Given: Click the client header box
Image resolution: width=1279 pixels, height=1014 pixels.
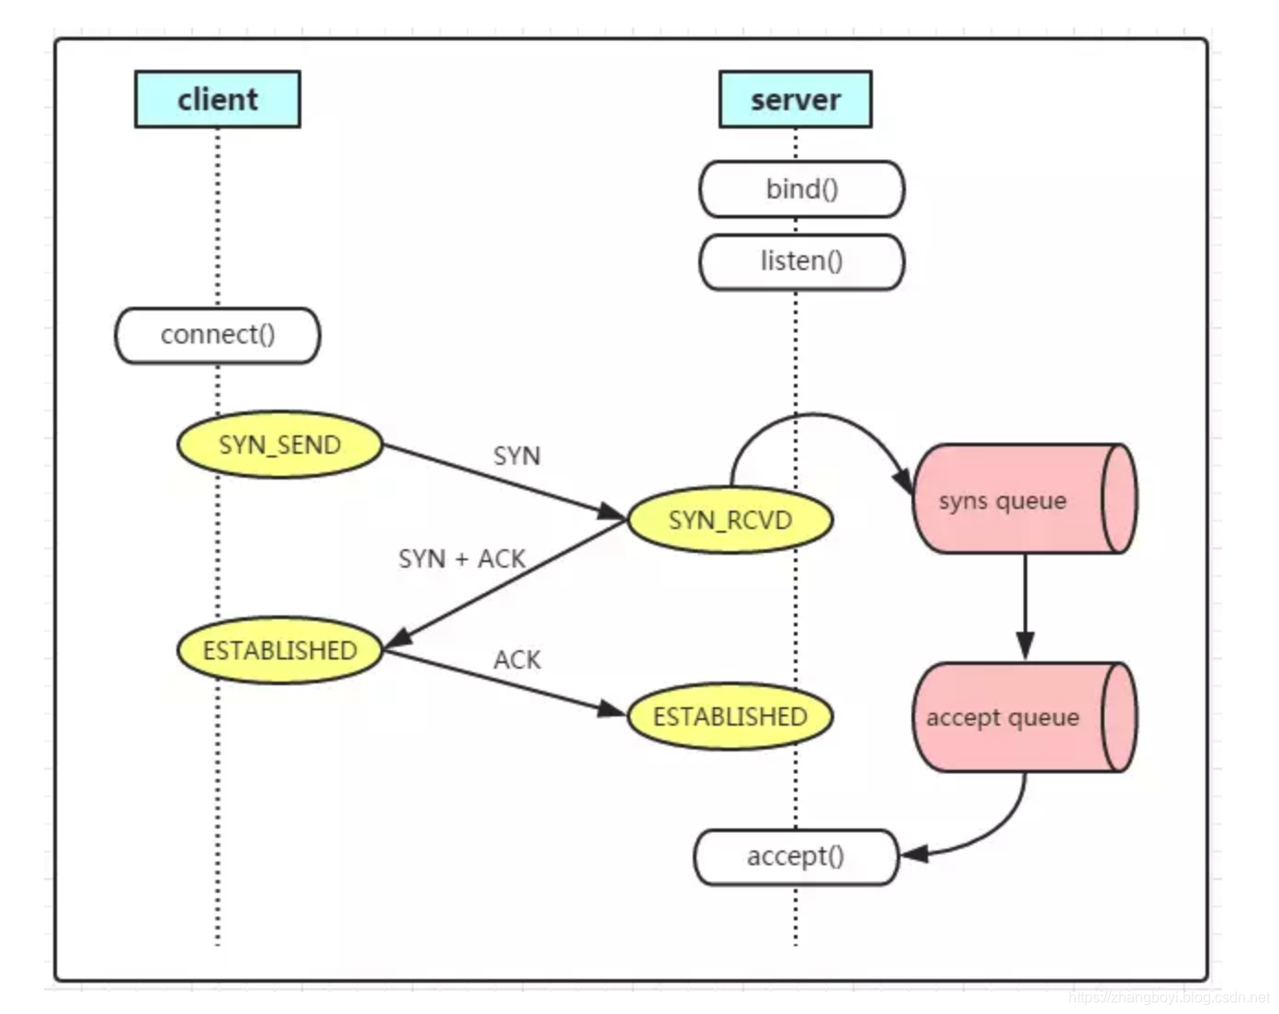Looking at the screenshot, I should coord(217,99).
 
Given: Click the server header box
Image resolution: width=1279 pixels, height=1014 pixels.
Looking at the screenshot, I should coord(795,99).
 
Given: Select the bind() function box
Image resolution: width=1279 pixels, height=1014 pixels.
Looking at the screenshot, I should coord(801,189).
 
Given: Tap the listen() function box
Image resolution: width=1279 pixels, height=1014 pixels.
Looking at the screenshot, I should coord(801,262).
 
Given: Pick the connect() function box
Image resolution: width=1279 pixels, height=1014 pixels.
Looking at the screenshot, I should coord(218,335).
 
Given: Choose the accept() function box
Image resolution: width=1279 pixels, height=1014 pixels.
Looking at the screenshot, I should coord(795,857).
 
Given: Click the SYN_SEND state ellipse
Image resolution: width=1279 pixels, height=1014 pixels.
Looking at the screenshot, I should coord(279,445).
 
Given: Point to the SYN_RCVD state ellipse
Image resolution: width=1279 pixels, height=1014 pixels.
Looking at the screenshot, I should coord(730,521).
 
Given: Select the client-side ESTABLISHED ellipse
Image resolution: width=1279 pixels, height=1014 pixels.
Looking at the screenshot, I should coord(279,651).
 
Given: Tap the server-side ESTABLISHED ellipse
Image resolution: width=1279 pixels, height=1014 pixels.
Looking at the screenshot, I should coord(730,716).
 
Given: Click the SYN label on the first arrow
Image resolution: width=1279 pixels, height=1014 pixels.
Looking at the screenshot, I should coord(516,456).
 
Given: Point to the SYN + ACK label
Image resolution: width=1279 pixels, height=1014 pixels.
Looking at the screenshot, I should coord(461,558).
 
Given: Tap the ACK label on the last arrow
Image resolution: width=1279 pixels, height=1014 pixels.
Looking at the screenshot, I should coord(516,660).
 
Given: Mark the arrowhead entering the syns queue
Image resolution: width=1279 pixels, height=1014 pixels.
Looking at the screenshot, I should coord(903,479).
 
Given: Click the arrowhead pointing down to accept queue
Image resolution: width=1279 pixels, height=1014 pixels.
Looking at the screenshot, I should coord(1025,645).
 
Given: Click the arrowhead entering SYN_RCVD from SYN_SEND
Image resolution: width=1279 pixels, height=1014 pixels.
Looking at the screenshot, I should coord(612,512).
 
